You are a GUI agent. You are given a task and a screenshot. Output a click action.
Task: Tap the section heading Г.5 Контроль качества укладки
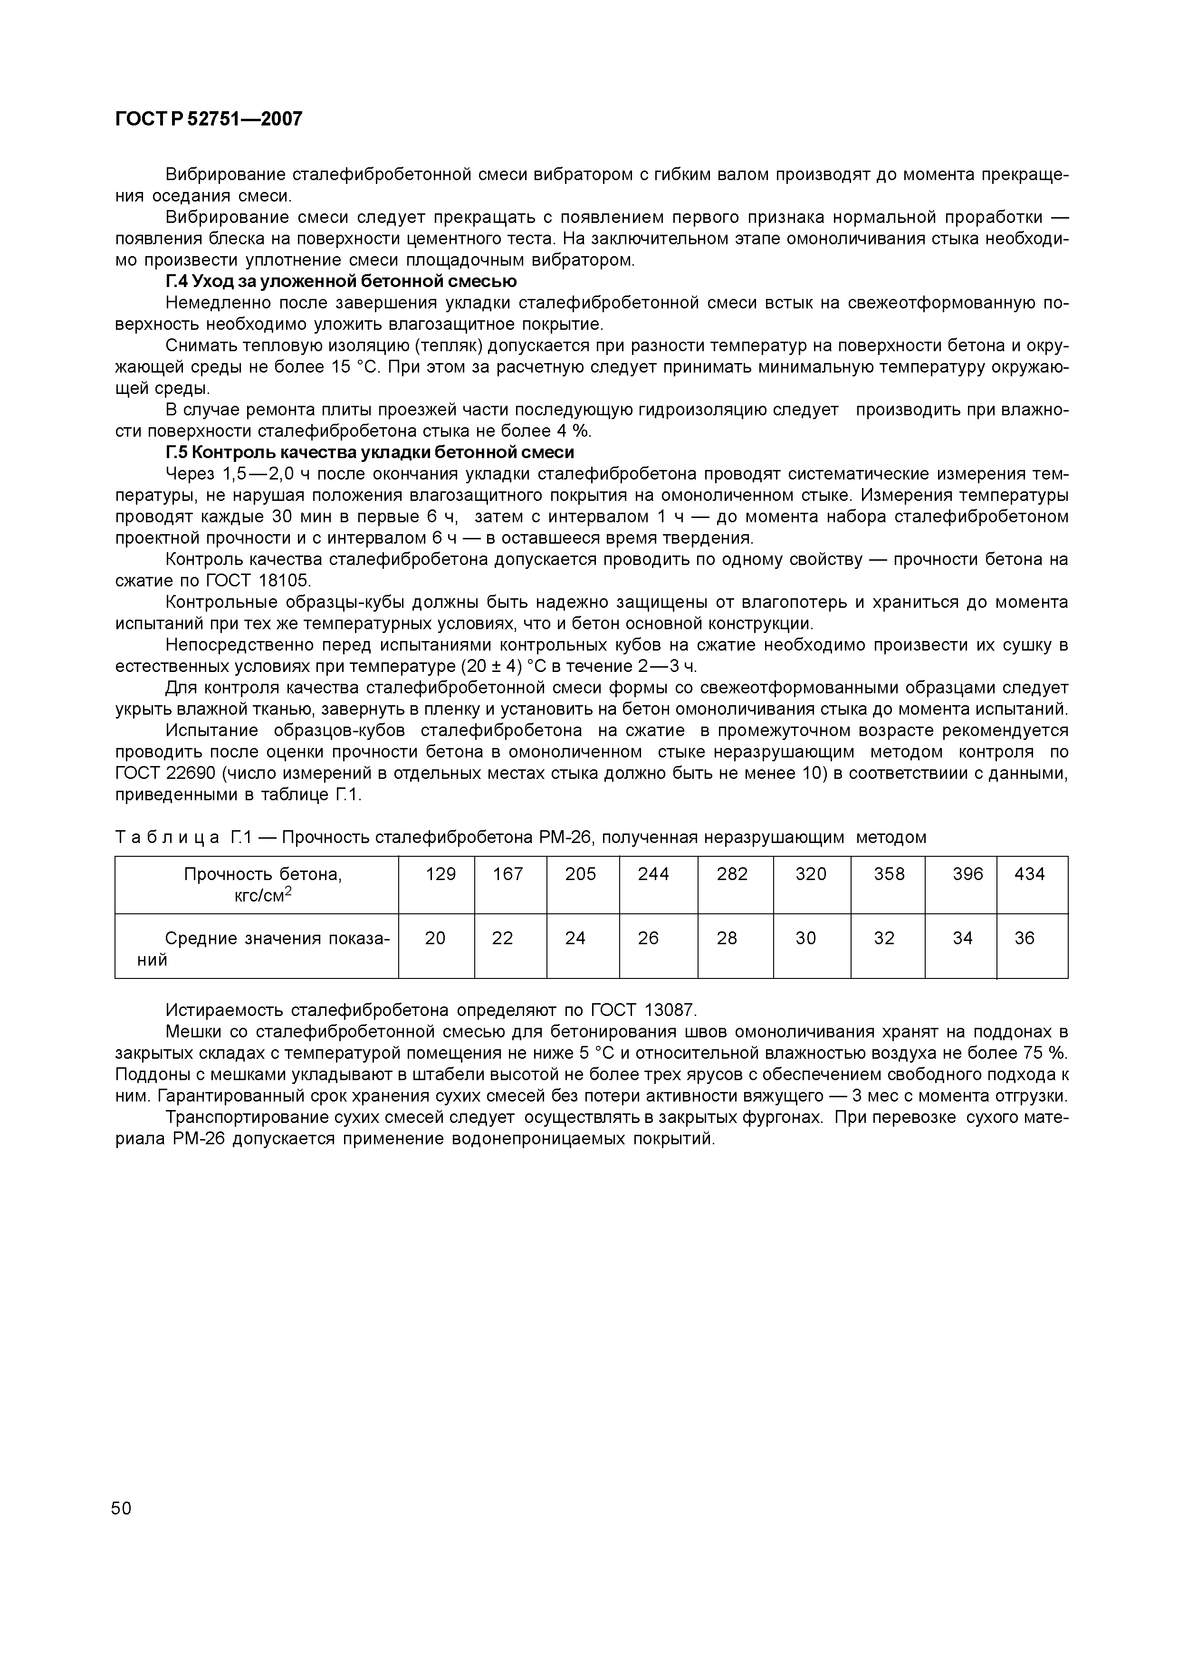[370, 452]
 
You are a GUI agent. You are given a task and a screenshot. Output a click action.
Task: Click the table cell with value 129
[441, 874]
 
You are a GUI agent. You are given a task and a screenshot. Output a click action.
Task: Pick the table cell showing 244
[653, 874]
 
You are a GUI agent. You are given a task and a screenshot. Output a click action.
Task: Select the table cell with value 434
[1029, 874]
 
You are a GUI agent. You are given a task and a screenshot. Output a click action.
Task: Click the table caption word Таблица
[168, 838]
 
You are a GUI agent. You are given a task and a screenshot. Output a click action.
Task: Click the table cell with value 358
[889, 874]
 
